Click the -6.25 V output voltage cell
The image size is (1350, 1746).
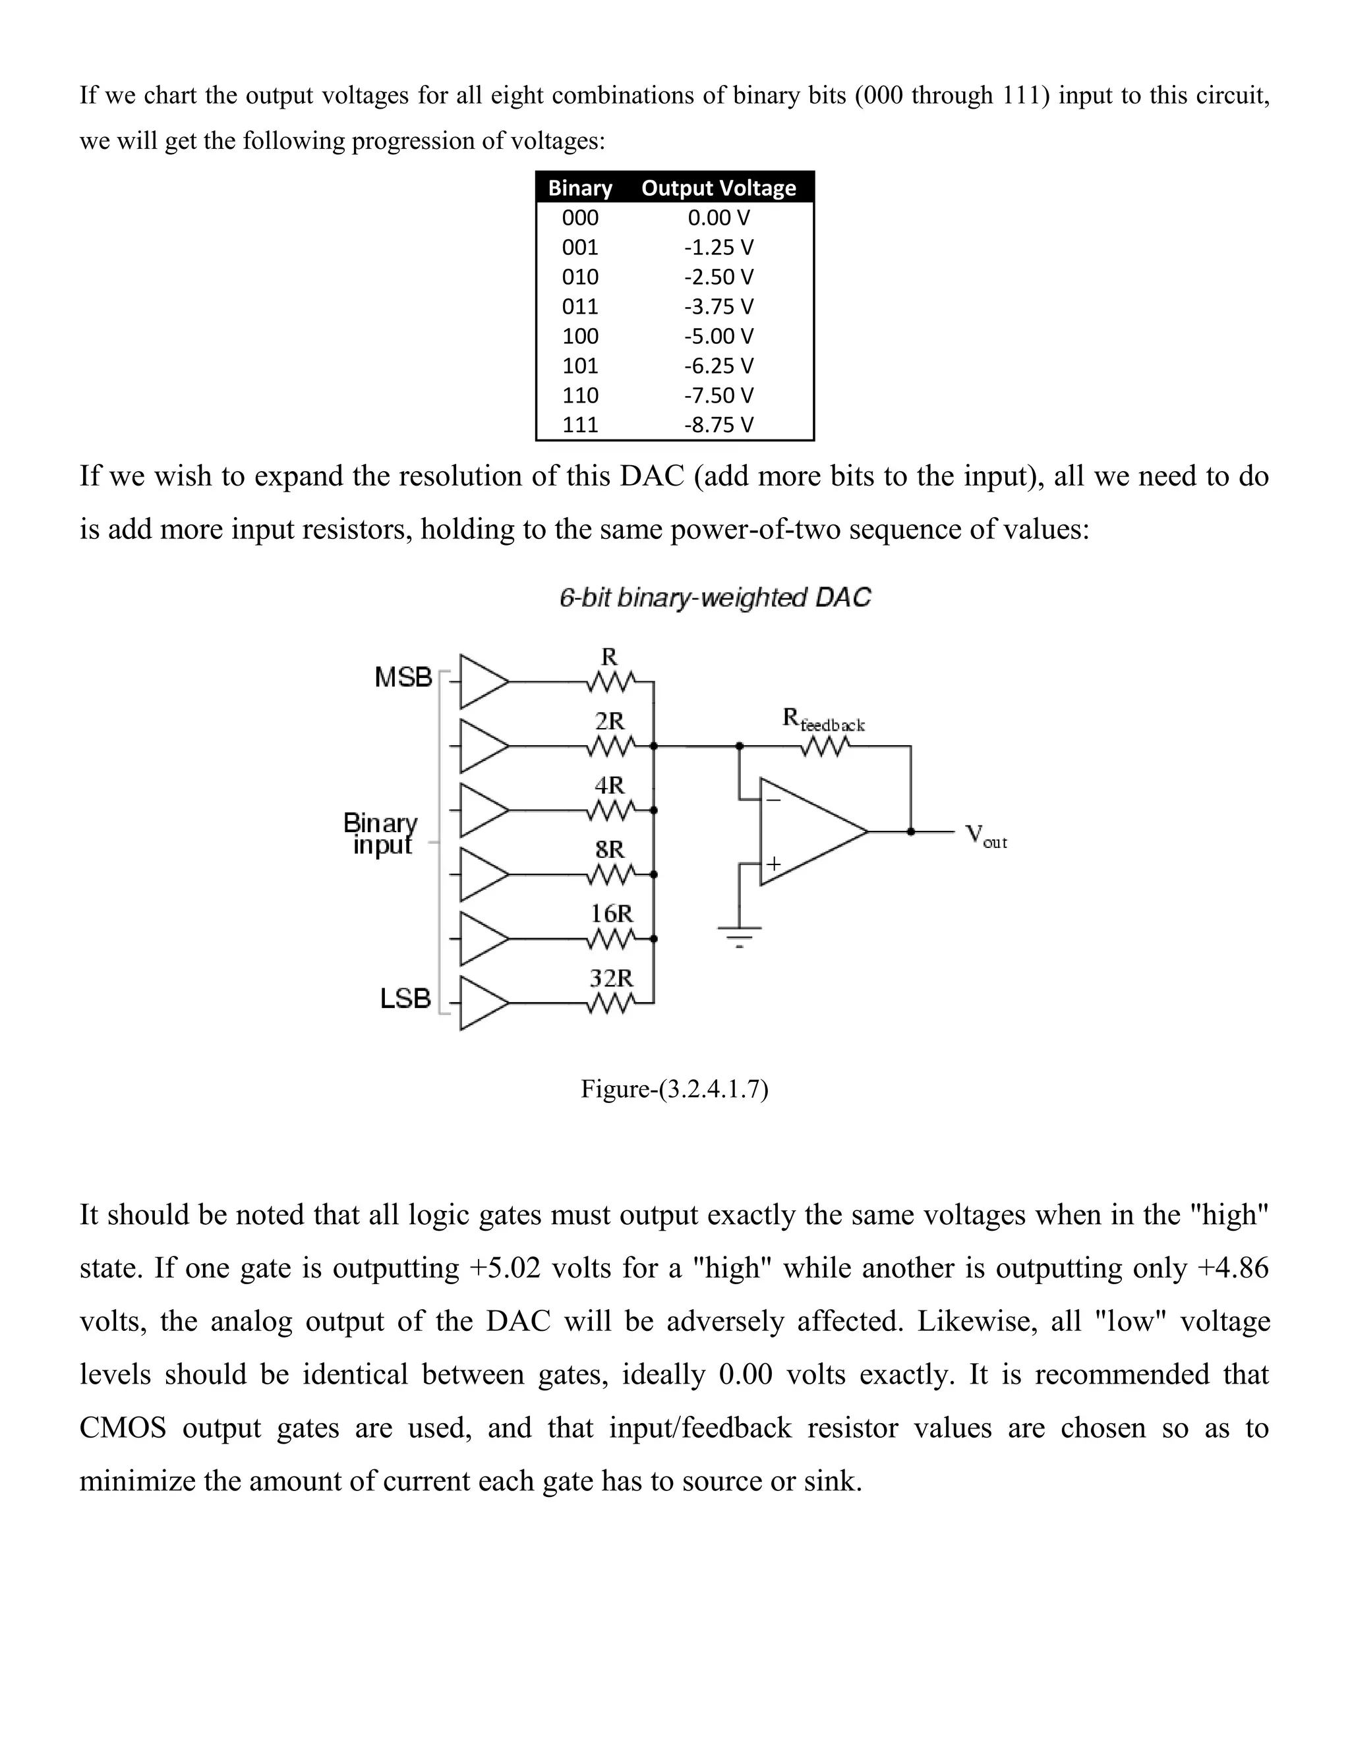pos(719,366)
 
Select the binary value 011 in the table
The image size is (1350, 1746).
pos(580,307)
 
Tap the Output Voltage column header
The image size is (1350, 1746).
pos(719,188)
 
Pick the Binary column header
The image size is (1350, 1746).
pos(580,188)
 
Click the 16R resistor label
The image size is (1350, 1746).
pos(611,914)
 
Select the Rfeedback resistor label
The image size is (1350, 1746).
pos(823,720)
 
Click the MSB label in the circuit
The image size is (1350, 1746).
pos(403,678)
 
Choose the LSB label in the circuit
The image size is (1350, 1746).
pos(405,998)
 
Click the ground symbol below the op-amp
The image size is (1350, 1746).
pos(740,934)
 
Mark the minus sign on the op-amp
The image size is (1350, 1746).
pos(773,799)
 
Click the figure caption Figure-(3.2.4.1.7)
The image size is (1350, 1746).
pos(674,1089)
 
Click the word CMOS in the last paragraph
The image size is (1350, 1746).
pos(123,1428)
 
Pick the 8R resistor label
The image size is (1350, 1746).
pos(610,849)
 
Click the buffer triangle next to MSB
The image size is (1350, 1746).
pos(481,683)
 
